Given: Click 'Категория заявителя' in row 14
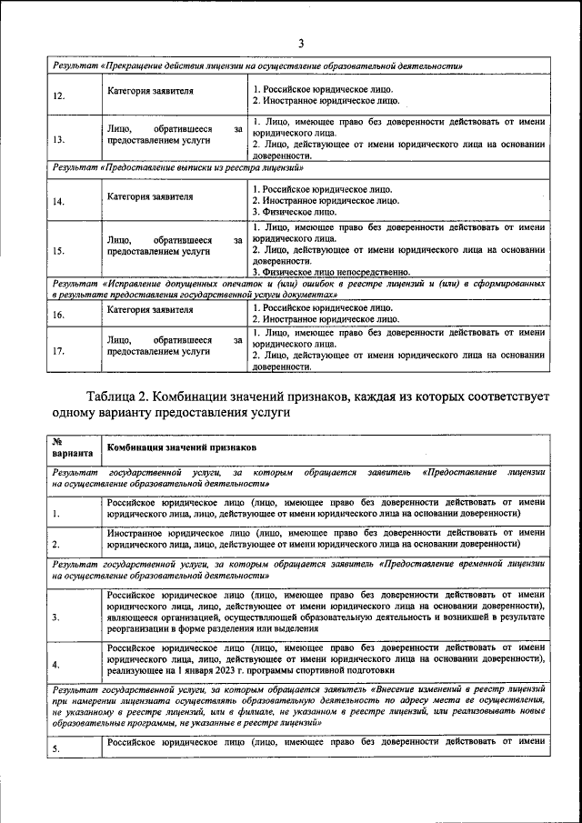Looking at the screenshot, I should (x=149, y=196).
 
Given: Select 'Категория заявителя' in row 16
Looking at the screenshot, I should (x=149, y=309).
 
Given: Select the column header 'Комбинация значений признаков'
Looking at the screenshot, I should (x=182, y=449).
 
